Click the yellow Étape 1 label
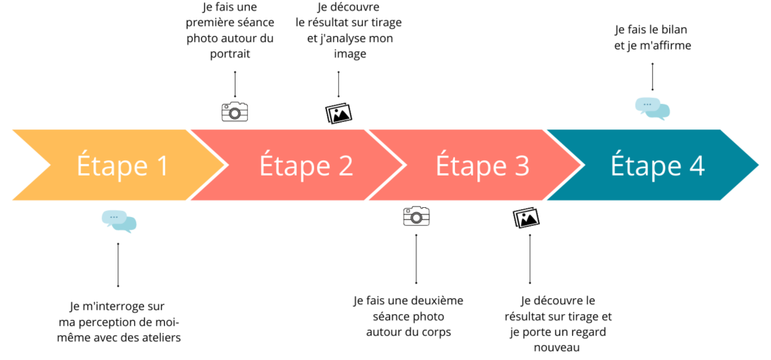pos(122,166)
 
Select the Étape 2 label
pos(306,166)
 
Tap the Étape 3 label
pos(483,166)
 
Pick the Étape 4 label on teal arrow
pos(657,166)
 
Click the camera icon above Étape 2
pos(235,111)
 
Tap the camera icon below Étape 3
pos(416,216)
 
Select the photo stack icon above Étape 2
pos(339,113)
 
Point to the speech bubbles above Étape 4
pos(653,108)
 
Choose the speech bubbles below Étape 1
pos(119,221)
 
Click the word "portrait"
pos(230,54)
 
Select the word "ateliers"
pos(161,338)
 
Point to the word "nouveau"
pos(557,347)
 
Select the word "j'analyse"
pos(343,39)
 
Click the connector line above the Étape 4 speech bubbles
pos(653,77)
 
